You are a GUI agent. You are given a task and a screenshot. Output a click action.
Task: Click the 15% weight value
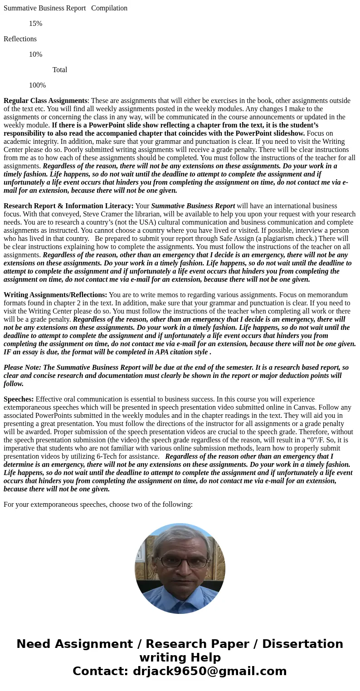click(35, 24)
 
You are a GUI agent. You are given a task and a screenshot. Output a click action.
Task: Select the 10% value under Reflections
click(35, 54)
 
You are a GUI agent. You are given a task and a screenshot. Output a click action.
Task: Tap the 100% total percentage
click(37, 85)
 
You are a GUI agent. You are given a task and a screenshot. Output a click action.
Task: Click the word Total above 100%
click(60, 70)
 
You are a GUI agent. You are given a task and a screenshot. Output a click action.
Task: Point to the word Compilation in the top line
click(109, 8)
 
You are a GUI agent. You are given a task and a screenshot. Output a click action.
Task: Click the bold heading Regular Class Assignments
click(45, 101)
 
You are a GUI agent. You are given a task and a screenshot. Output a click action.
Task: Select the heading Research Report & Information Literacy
click(68, 206)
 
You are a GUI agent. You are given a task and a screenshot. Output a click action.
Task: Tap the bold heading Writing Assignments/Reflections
click(55, 295)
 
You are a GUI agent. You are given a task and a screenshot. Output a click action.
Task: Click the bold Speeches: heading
click(19, 399)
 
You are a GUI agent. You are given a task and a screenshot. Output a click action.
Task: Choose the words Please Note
click(22, 368)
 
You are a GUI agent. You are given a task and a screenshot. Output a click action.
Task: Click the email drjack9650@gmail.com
click(209, 671)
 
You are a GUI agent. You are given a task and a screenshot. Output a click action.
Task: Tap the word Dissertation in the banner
click(302, 644)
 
